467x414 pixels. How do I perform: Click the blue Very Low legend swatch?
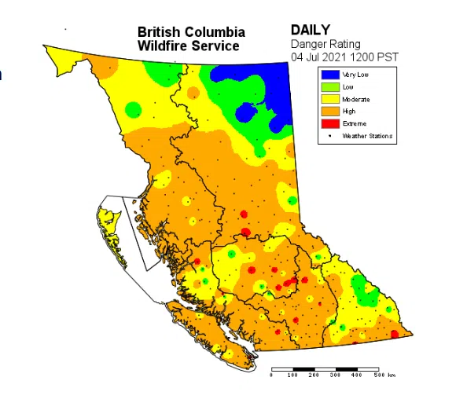point(329,74)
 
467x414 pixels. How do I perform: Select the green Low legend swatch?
point(329,86)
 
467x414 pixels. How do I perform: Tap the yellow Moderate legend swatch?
point(329,99)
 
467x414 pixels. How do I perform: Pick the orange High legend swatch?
point(329,112)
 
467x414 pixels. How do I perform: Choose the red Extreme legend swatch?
point(329,123)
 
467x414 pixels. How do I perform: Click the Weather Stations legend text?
point(367,136)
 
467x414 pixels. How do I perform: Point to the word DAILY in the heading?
point(311,30)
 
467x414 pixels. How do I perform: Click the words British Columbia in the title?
point(191,32)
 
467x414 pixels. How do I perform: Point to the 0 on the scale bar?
point(271,376)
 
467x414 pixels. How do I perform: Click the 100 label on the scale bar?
point(292,376)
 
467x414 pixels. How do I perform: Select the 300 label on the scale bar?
point(336,376)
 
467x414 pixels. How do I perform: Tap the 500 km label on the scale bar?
point(383,376)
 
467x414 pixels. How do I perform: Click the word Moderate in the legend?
point(356,99)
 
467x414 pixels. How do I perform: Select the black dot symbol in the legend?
point(329,136)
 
